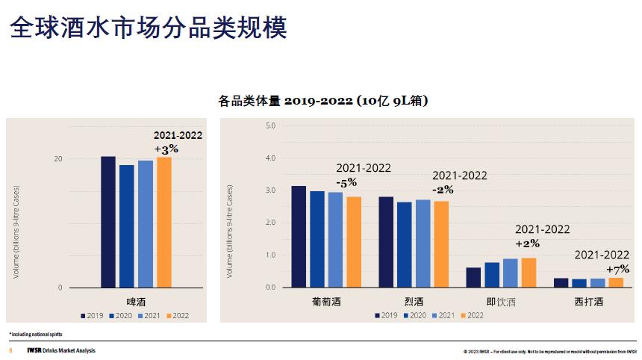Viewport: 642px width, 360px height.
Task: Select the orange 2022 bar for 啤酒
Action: [x=164, y=222]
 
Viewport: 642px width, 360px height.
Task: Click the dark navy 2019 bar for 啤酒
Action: [x=108, y=222]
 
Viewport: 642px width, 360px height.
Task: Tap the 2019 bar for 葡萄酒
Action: [x=299, y=237]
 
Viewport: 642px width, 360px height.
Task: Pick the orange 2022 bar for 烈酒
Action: [x=441, y=244]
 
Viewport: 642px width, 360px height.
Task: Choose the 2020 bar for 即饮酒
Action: [x=492, y=275]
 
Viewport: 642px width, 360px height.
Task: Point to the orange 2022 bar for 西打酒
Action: [x=616, y=282]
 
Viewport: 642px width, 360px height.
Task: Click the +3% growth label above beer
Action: [x=166, y=149]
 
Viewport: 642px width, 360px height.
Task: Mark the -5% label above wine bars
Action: [x=347, y=182]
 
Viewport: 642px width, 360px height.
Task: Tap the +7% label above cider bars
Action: [x=617, y=269]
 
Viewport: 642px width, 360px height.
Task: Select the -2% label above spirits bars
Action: [x=443, y=190]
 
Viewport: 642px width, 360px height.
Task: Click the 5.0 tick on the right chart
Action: [x=270, y=125]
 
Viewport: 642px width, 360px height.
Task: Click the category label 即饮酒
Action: [x=501, y=302]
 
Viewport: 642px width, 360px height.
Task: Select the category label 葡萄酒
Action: [x=327, y=302]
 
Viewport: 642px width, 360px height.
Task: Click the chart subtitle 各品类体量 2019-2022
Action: [x=322, y=100]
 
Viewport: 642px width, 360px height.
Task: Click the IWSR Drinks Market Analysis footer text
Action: [x=60, y=350]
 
